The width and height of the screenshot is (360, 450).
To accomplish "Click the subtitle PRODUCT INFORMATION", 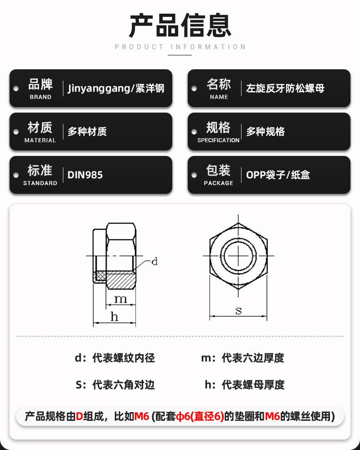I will click(180, 47).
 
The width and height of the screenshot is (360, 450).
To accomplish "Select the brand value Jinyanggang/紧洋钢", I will click(116, 88).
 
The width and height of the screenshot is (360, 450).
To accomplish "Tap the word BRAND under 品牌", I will click(41, 97).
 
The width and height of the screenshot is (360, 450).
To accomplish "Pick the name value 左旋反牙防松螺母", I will click(285, 88).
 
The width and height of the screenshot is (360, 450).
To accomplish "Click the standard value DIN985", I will click(85, 175).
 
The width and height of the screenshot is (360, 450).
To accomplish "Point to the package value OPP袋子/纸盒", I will click(278, 175).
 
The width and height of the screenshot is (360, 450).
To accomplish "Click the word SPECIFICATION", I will click(218, 140).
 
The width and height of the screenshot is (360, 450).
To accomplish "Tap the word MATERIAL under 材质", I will click(40, 140).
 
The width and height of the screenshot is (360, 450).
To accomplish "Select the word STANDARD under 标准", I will click(40, 183).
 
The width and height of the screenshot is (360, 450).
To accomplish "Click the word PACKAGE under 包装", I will click(218, 183).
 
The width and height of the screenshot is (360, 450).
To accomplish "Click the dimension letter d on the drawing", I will click(154, 262).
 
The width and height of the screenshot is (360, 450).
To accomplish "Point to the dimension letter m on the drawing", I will click(120, 299).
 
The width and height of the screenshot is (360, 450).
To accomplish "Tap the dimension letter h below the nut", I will click(114, 317).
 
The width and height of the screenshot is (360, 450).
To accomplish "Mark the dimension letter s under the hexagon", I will click(238, 311).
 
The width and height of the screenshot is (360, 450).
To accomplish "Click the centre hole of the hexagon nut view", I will click(238, 256).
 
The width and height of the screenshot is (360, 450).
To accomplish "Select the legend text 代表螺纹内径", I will click(123, 358).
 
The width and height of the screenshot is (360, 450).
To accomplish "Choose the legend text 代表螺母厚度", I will click(253, 385).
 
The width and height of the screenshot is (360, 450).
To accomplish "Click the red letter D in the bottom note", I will click(79, 416).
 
